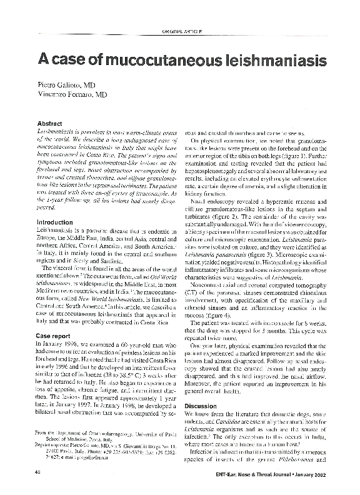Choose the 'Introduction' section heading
pos(55,222)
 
